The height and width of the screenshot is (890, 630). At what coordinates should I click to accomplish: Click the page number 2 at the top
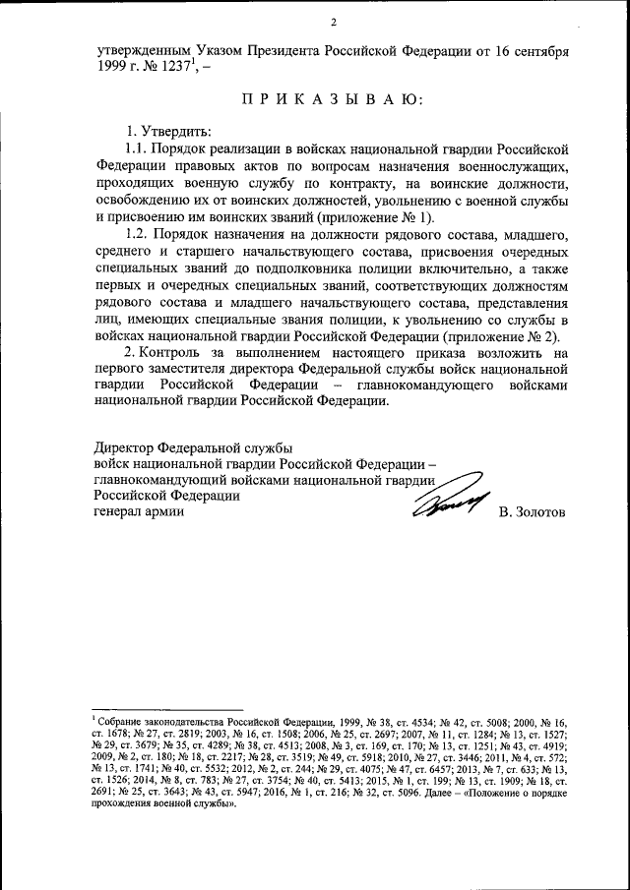pos(334,23)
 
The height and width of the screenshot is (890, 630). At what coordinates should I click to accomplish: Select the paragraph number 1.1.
pos(139,148)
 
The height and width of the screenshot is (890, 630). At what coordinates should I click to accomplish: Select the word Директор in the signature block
pos(123,447)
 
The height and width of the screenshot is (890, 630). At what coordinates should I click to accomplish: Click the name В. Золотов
pos(533,512)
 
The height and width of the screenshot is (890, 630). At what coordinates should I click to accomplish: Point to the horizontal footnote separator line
pos(167,708)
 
